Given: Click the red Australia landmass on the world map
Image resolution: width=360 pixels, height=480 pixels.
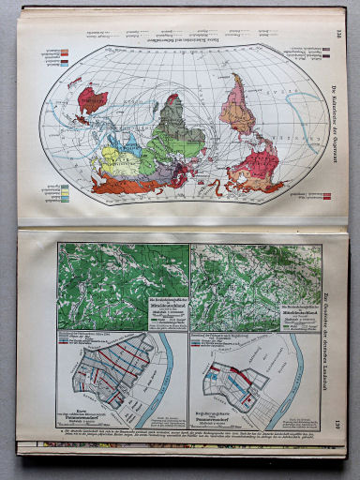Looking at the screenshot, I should (92, 97).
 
